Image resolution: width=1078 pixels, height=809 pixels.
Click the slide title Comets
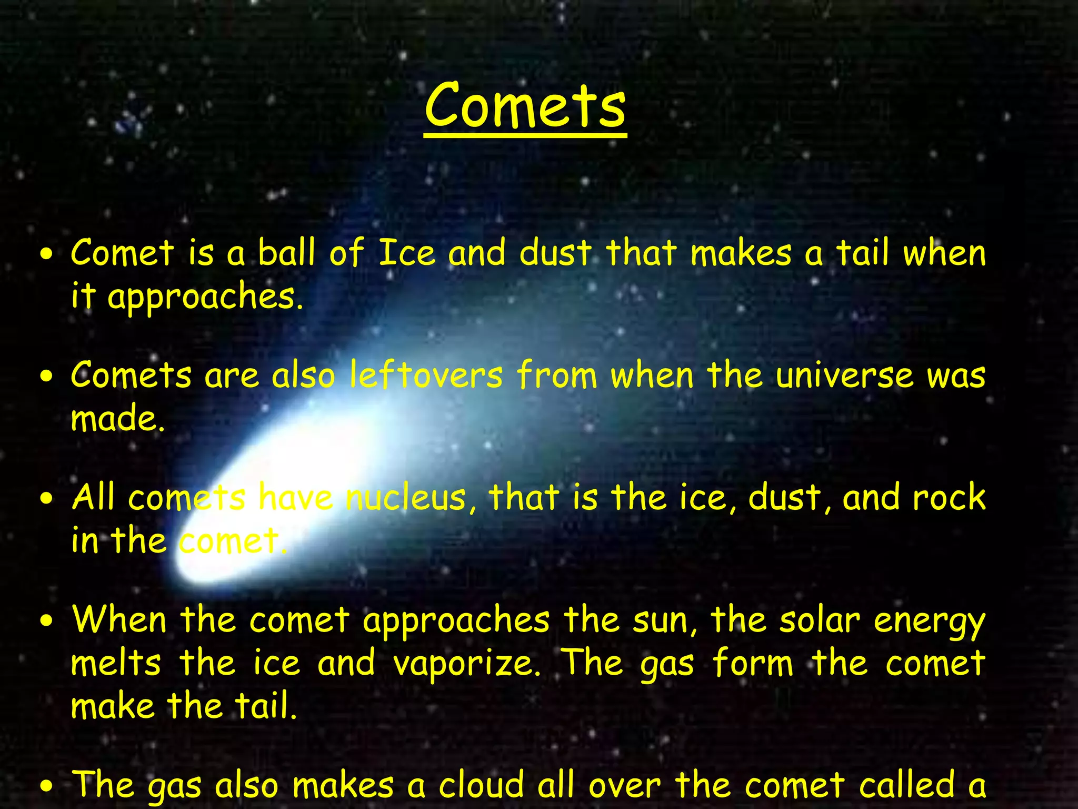[525, 106]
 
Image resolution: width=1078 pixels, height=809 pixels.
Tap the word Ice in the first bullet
[407, 253]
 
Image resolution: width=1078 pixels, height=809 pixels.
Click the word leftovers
[426, 376]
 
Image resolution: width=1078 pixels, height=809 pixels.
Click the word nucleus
[405, 498]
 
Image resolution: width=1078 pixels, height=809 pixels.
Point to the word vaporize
[466, 664]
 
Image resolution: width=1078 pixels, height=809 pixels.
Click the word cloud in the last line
[481, 785]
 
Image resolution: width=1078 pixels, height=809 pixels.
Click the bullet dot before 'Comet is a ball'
[48, 254]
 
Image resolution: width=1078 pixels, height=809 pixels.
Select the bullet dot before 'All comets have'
[48, 499]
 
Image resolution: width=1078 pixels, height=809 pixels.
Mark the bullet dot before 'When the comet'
[48, 621]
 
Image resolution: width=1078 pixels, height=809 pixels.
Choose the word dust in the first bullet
[555, 253]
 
